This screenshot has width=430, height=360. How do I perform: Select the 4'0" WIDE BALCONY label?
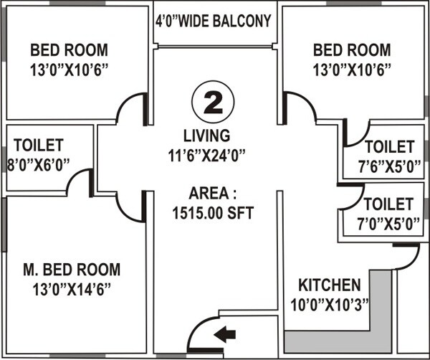pos(214,21)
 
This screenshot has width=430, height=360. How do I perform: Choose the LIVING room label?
pos(206,135)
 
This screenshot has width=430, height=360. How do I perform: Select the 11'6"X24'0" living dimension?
pos(207,152)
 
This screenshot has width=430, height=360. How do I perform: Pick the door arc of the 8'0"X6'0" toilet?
pos(80,184)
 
